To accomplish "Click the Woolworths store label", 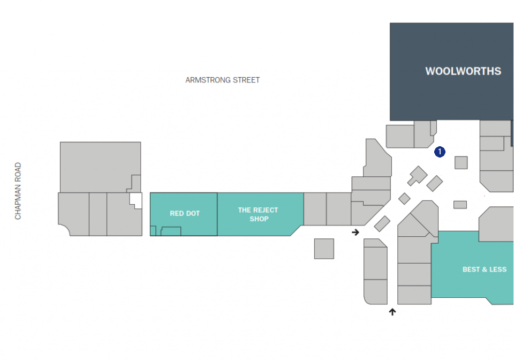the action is pyautogui.click(x=463, y=71).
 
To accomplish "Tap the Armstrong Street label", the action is pyautogui.click(x=222, y=80).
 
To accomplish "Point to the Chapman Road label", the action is pyautogui.click(x=18, y=191).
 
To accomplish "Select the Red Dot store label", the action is pyautogui.click(x=185, y=213).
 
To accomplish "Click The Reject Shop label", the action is pyautogui.click(x=258, y=214).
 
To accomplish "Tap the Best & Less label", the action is pyautogui.click(x=485, y=269).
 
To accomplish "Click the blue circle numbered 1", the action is pyautogui.click(x=440, y=152).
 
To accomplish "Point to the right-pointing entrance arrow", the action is pyautogui.click(x=356, y=232).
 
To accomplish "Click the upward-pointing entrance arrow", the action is pyautogui.click(x=392, y=312).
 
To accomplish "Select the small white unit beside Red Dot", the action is pyautogui.click(x=135, y=200).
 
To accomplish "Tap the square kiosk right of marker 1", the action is pyautogui.click(x=461, y=163).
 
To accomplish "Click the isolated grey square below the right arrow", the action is pyautogui.click(x=324, y=249).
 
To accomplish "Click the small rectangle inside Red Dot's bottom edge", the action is pyautogui.click(x=171, y=231).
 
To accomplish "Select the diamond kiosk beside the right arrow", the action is pyautogui.click(x=382, y=223).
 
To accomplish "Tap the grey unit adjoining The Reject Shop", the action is pyautogui.click(x=315, y=209).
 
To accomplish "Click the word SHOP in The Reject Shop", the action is pyautogui.click(x=259, y=219).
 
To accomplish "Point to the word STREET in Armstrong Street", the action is pyautogui.click(x=246, y=80).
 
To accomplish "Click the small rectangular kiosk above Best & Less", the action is pyautogui.click(x=460, y=205).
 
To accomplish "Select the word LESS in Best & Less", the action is pyautogui.click(x=497, y=269).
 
